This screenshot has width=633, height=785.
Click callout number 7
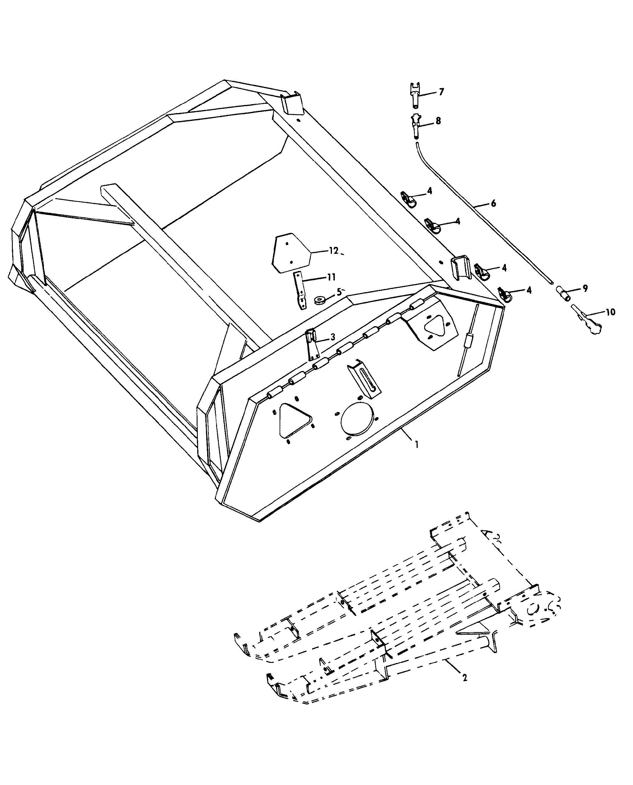click(442, 92)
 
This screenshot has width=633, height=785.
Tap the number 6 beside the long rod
click(494, 203)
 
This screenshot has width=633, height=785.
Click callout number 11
click(331, 277)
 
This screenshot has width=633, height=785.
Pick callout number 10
click(610, 312)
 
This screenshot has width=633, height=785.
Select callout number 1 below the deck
click(416, 444)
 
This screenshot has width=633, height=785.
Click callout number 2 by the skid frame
click(464, 677)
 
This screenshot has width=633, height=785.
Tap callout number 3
click(332, 337)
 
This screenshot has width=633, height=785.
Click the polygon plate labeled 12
click(291, 253)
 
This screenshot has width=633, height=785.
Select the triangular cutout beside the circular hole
click(294, 420)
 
